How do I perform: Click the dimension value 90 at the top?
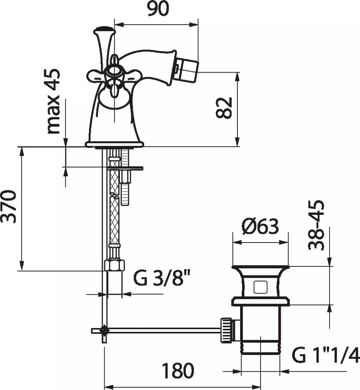click(x=159, y=8)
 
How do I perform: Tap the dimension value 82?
click(x=224, y=108)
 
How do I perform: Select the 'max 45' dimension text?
click(x=53, y=101)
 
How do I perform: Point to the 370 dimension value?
click(x=9, y=206)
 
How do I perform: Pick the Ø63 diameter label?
click(x=260, y=227)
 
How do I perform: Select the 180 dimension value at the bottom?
click(x=178, y=370)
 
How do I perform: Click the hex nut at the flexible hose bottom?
click(x=114, y=265)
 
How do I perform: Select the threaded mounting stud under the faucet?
click(x=125, y=177)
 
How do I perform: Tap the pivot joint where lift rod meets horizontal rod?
click(x=104, y=331)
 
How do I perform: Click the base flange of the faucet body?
click(x=115, y=144)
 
